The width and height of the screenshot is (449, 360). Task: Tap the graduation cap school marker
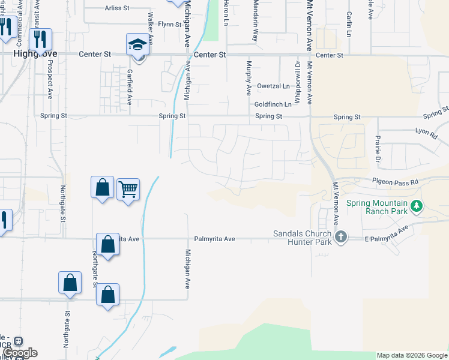click(x=137, y=45)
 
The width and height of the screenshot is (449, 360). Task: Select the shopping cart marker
click(x=128, y=190)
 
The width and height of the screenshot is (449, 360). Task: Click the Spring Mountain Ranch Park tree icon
click(x=415, y=206)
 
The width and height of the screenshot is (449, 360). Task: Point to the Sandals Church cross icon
click(x=341, y=236)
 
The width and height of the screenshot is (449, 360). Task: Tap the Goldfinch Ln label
click(x=273, y=104)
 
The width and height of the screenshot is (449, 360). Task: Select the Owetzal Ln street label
click(x=273, y=86)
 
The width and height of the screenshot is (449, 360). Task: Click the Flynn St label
click(x=170, y=25)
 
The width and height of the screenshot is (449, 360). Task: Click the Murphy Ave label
click(x=248, y=77)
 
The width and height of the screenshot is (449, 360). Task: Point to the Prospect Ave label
click(x=50, y=87)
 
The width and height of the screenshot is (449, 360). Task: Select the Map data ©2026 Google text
click(x=412, y=356)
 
